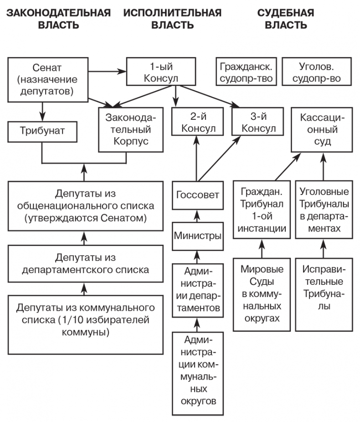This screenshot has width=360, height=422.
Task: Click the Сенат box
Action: pyautogui.click(x=48, y=79)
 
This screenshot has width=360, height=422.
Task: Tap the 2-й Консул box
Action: pyautogui.click(x=198, y=122)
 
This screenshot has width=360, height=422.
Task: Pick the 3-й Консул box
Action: pyautogui.click(x=258, y=122)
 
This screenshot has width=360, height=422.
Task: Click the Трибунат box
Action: pyautogui.click(x=42, y=131)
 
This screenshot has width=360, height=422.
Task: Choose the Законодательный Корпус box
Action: pyautogui.click(x=127, y=129)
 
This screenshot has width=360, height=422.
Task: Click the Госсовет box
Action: pyautogui.click(x=197, y=195)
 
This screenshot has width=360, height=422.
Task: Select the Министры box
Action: pyautogui.click(x=197, y=237)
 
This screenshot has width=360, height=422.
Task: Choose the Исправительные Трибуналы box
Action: pyautogui.click(x=323, y=286)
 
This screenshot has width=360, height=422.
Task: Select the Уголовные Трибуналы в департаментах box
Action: pyautogui.click(x=323, y=210)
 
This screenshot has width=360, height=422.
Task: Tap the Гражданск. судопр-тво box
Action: pyautogui.click(x=246, y=72)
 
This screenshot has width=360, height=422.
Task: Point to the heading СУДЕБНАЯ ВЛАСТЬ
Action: pyautogui.click(x=285, y=19)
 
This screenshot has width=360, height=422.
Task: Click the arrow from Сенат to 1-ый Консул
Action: pyautogui.click(x=107, y=71)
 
